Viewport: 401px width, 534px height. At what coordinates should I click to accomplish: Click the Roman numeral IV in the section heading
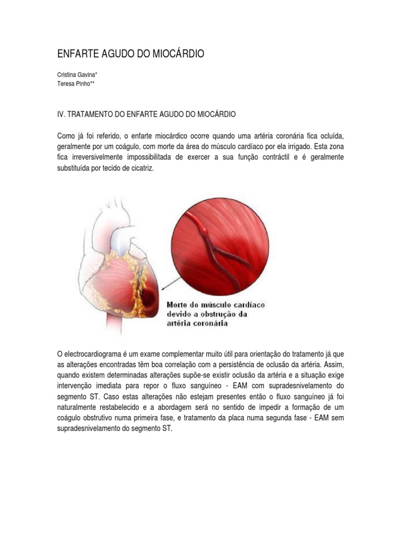pyautogui.click(x=61, y=114)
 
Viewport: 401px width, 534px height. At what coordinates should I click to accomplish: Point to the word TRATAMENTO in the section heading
pyautogui.click(x=93, y=114)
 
